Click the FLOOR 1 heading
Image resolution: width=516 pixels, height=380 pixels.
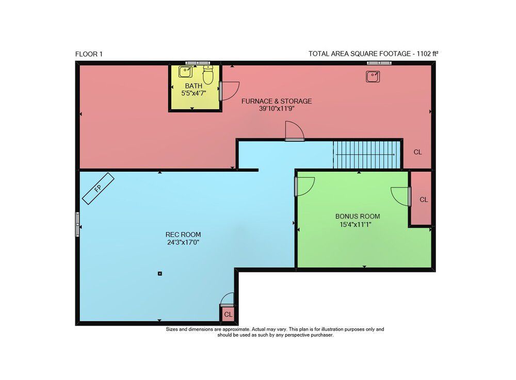[x=89, y=54]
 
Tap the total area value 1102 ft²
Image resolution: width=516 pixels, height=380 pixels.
[x=427, y=54]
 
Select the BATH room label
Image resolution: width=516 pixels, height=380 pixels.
[x=193, y=86]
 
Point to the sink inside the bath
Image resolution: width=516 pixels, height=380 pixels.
[x=185, y=72]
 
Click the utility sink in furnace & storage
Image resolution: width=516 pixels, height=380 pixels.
[x=373, y=77]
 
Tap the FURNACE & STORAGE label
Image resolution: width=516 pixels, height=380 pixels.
[x=277, y=101]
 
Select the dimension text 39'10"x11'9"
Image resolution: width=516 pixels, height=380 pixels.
[x=277, y=109]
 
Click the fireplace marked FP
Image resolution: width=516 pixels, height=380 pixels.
[x=98, y=189]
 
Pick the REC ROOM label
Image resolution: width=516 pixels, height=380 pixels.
[x=183, y=235]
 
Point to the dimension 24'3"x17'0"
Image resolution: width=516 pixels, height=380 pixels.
[x=183, y=243]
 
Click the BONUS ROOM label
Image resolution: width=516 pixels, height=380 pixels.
[x=358, y=217]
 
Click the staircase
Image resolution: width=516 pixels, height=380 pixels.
[x=367, y=155]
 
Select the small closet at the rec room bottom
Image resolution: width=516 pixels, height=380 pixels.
[x=228, y=313]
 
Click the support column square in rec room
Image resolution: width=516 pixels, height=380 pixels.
[x=160, y=273]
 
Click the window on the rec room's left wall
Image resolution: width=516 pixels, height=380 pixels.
[x=77, y=224]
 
